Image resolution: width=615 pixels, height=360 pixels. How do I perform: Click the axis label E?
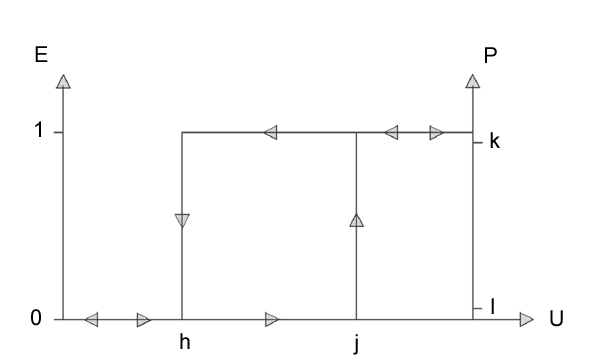[41, 55]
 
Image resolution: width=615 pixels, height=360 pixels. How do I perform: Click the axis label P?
[490, 55]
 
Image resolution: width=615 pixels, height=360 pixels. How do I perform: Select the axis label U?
[556, 318]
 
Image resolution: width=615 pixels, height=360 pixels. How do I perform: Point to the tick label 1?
[39, 129]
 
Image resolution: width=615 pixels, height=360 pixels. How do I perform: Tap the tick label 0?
[36, 318]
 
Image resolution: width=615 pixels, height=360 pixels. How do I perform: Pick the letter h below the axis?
[185, 342]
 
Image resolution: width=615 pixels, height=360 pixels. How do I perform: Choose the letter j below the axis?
[356, 344]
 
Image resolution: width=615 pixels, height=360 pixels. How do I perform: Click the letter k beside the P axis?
[495, 141]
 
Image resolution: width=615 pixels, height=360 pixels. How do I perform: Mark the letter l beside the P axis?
[493, 306]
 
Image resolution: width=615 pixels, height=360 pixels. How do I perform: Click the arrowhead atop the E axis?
[64, 82]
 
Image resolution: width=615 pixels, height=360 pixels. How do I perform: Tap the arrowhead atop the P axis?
[473, 81]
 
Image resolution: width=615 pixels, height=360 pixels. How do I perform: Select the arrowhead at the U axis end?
[526, 320]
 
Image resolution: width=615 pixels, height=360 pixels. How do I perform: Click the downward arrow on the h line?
[182, 220]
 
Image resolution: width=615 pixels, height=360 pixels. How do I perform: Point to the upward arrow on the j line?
[357, 220]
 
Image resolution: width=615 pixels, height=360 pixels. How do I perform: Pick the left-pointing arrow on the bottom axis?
[91, 320]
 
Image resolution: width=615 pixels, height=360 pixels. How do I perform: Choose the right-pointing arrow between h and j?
[273, 320]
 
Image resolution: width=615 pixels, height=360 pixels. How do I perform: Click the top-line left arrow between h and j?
[271, 133]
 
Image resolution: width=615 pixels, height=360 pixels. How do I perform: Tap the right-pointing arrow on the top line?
[437, 133]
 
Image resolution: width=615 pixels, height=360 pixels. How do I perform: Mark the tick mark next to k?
[478, 142]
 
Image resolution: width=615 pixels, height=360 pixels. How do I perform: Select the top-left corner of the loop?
[182, 133]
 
